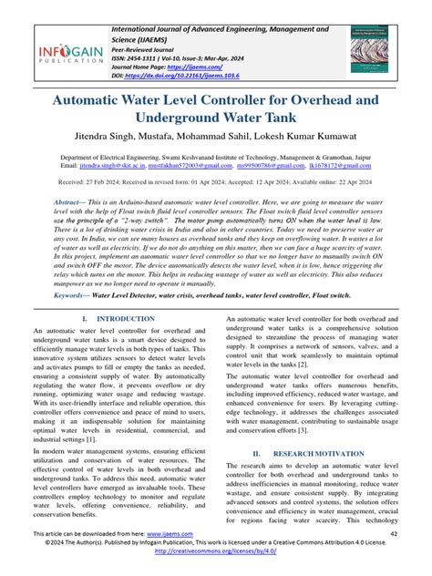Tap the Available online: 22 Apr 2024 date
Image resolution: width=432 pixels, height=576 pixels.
[352, 182]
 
